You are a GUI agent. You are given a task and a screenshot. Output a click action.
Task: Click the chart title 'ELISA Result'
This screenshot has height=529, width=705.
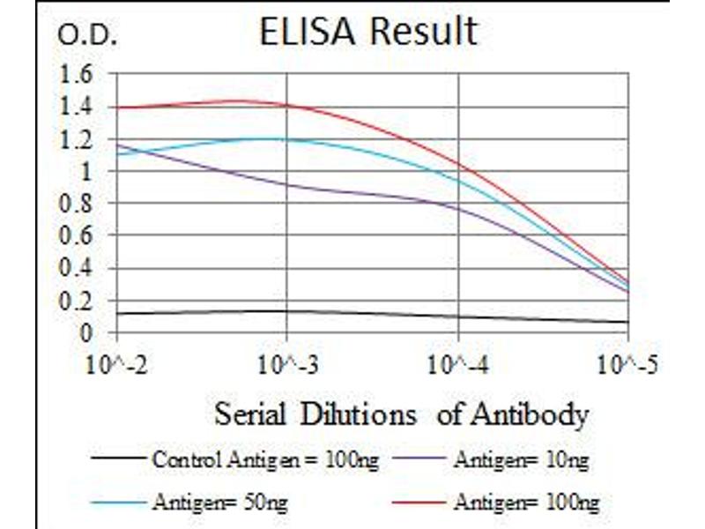pos(367,32)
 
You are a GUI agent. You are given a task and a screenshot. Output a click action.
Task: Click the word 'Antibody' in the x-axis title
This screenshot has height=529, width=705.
pos(531,414)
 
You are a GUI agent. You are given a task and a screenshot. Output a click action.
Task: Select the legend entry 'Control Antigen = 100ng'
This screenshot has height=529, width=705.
pos(264,459)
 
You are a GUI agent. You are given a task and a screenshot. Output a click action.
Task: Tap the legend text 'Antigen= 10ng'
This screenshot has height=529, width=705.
pos(521,459)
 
